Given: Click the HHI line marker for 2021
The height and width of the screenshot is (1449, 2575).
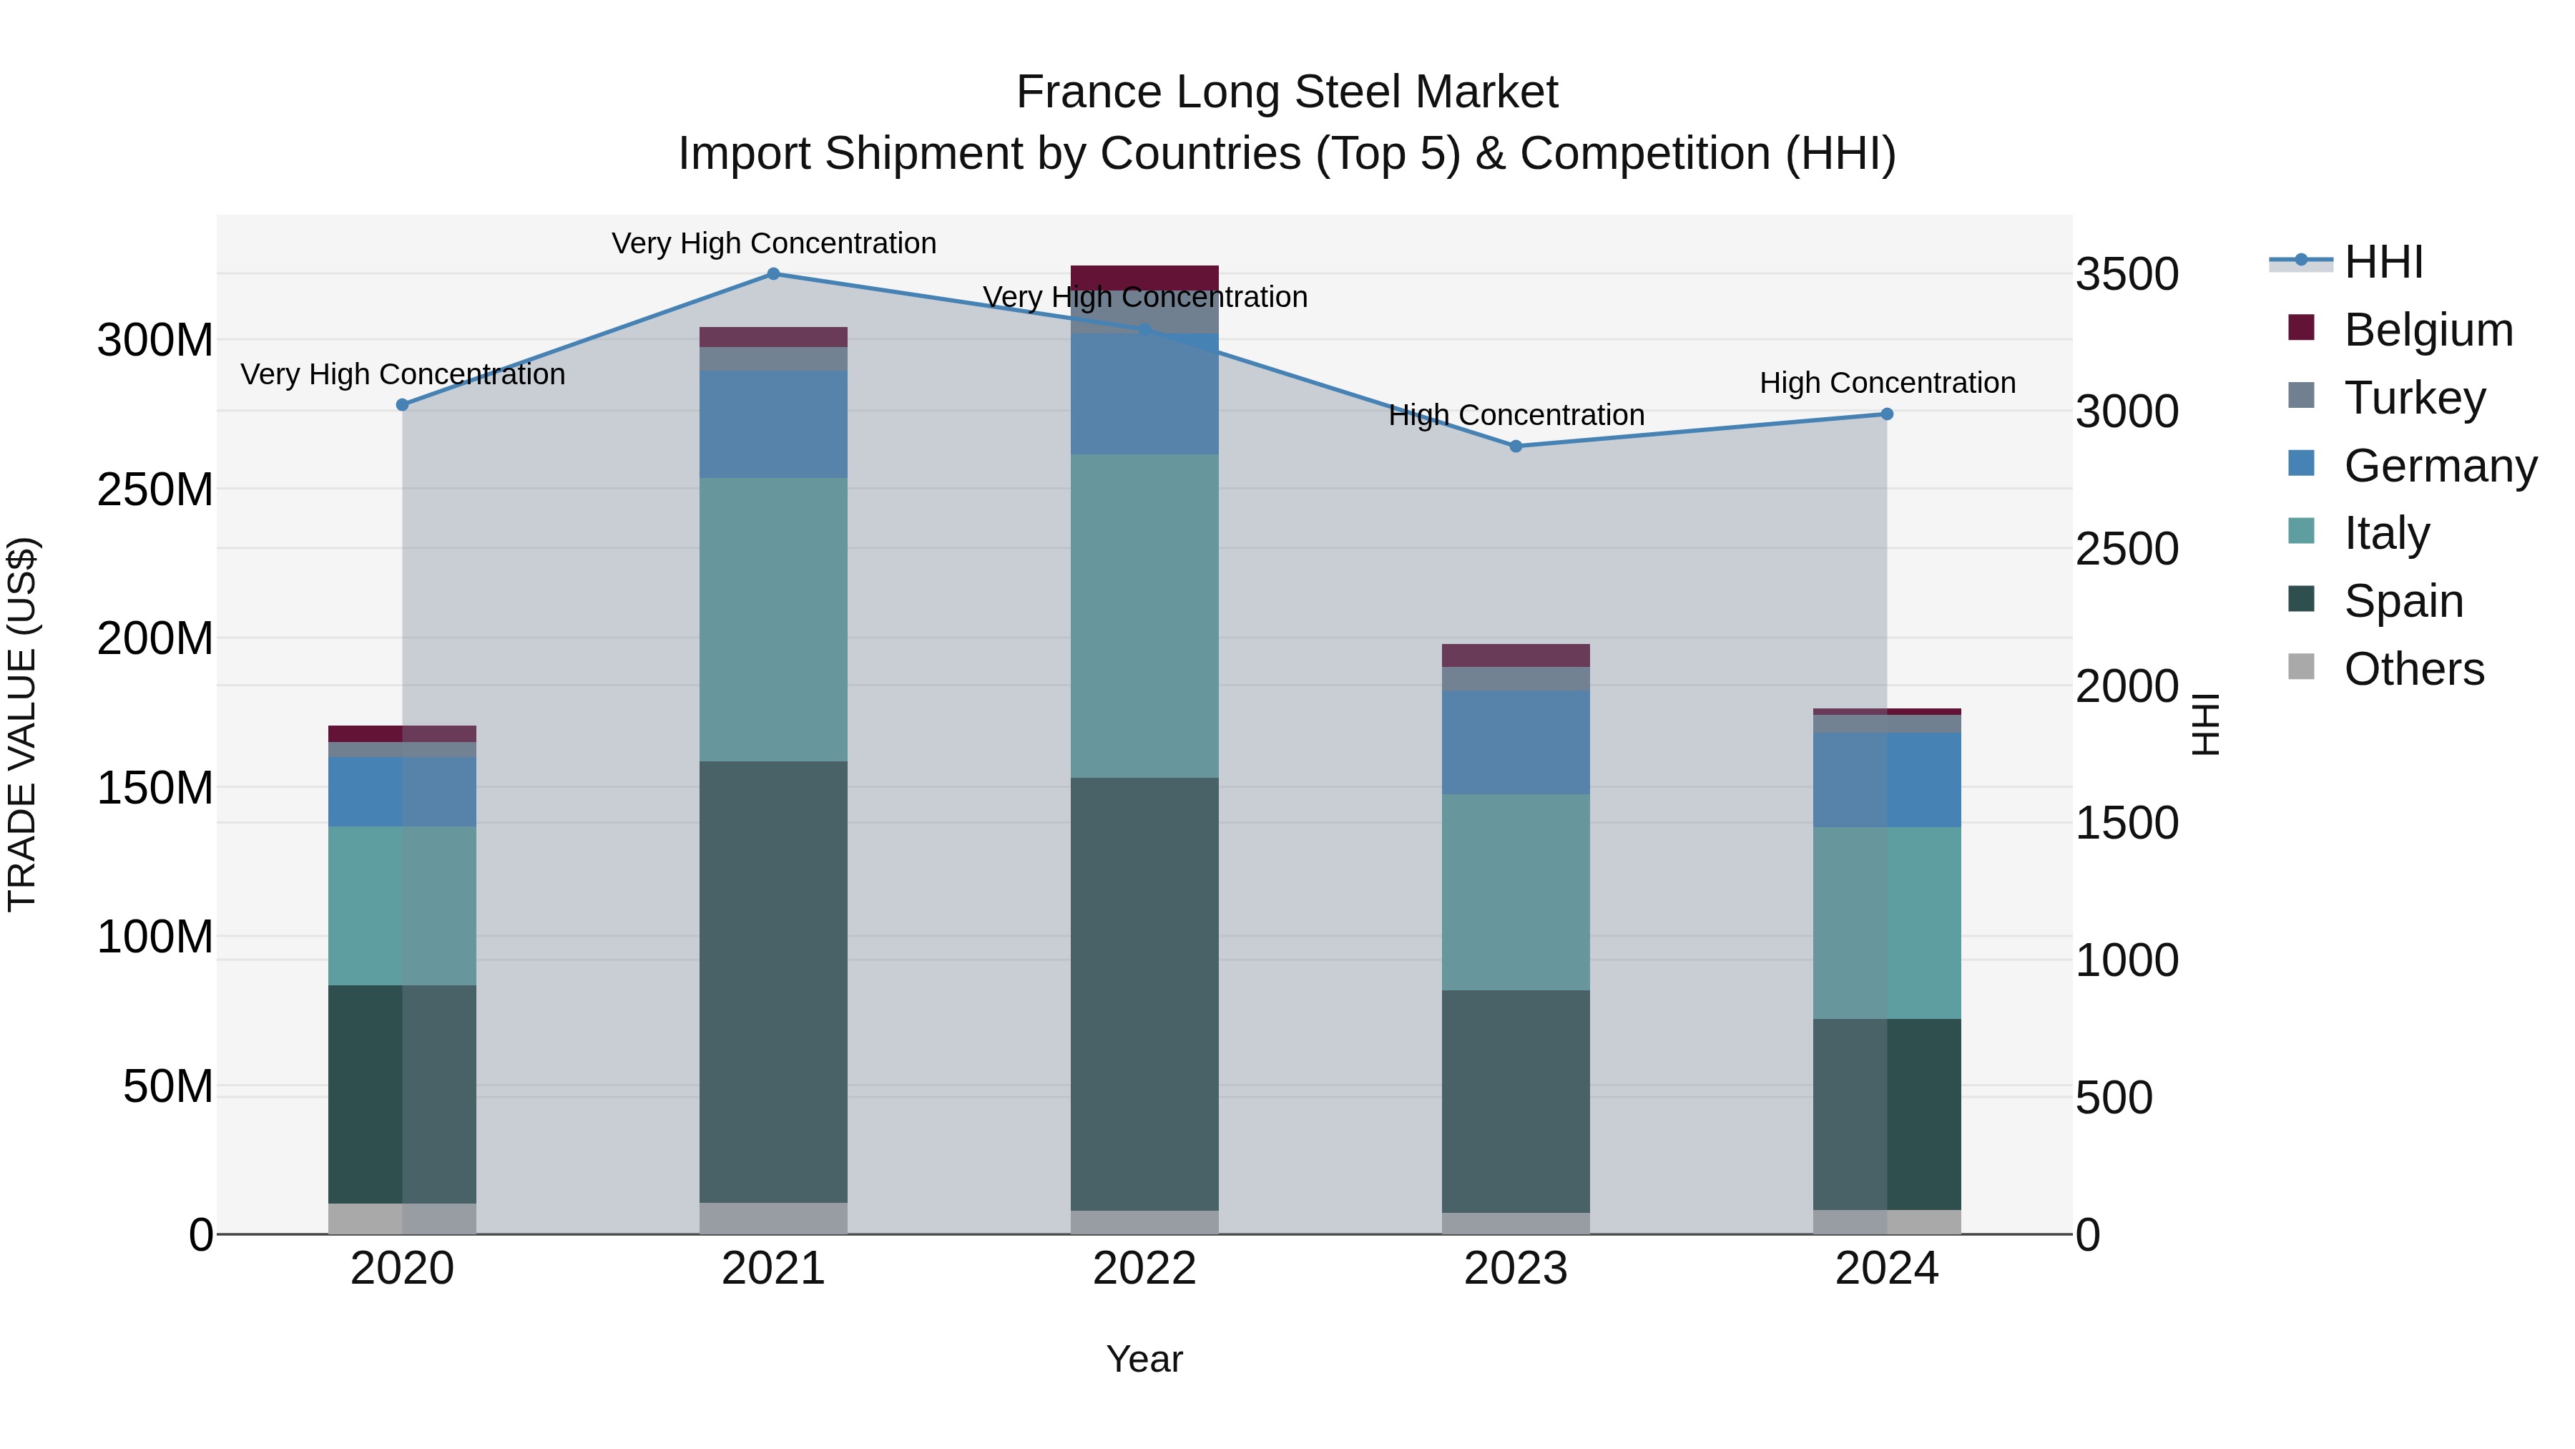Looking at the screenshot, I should (772, 274).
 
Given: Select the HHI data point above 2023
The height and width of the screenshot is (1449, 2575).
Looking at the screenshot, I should (1516, 446).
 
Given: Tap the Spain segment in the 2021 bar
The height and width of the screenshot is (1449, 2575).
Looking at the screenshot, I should (772, 980).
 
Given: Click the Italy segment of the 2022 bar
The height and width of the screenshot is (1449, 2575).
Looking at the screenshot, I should (1144, 616).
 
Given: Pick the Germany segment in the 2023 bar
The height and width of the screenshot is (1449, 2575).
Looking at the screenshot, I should (1516, 742).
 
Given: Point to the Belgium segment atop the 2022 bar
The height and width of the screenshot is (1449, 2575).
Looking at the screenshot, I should (1144, 277).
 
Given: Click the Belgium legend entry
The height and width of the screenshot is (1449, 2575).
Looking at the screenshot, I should (2427, 330).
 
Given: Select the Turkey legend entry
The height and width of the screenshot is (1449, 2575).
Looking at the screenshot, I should (2414, 398).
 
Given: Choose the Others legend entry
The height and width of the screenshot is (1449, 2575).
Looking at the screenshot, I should (2413, 669).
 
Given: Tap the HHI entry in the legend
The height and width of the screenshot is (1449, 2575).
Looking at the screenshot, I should (2383, 262).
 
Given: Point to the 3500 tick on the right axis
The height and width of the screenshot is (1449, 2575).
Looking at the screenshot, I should (2127, 274).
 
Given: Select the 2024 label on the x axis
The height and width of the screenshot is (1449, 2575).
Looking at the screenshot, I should (1886, 1269).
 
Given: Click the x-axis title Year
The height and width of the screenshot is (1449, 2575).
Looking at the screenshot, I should (1144, 1359).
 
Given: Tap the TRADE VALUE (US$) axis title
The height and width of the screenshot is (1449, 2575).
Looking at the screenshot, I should (22, 724).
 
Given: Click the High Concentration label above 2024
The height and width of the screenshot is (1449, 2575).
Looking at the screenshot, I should (1886, 383).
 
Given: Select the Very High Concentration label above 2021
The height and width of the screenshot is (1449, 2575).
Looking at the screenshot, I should (772, 244).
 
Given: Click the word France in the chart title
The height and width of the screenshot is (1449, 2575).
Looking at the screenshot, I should (1089, 92).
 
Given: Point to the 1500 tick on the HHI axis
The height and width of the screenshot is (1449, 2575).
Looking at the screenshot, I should (2127, 823).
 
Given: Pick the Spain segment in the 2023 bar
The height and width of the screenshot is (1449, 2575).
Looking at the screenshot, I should (1516, 1100).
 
